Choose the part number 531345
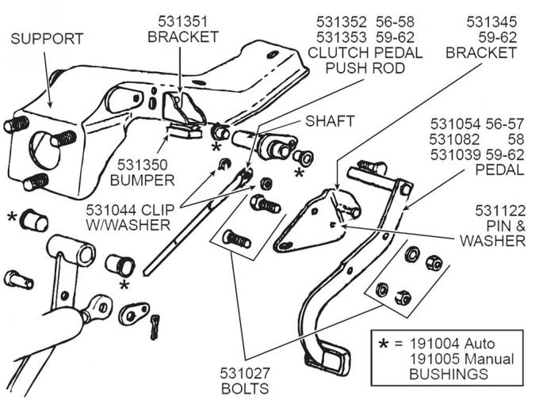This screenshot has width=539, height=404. tap(491, 21)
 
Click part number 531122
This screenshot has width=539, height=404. tap(499, 210)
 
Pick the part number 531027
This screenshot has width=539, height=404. tap(245, 373)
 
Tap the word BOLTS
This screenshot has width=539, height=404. tap(245, 388)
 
